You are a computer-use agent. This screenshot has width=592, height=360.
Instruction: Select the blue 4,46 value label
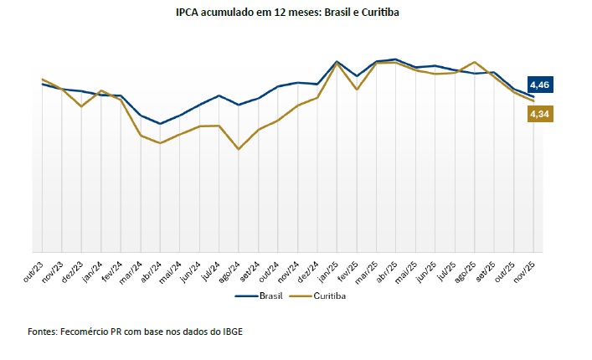[x=540, y=85]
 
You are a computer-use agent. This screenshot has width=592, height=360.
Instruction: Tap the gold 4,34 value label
[x=540, y=114]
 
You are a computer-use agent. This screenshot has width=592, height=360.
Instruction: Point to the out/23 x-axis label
[x=33, y=266]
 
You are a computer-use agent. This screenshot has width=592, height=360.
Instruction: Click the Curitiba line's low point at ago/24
[x=239, y=149]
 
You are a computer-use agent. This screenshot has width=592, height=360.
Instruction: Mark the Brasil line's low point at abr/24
[x=160, y=124]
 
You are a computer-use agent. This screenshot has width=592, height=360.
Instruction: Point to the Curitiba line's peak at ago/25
[x=475, y=62]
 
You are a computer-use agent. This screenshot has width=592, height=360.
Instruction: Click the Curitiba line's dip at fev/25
[x=357, y=89]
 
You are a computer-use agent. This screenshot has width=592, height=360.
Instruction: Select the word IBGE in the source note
[x=229, y=332]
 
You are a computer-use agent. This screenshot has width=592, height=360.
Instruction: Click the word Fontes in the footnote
[x=41, y=332]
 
